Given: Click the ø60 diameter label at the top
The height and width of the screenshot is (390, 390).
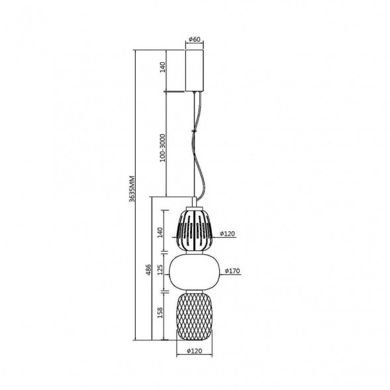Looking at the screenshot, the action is [195, 39].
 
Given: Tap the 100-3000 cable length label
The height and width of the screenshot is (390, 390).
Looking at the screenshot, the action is [162, 148].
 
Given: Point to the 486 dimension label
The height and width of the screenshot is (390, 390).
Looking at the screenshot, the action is [148, 269].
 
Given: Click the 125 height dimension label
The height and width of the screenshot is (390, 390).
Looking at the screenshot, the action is [160, 269].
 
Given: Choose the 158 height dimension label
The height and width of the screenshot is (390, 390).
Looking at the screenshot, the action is [160, 313].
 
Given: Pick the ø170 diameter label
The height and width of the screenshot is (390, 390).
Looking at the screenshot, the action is [232, 271].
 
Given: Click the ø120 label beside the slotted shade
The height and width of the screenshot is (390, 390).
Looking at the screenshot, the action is [227, 234].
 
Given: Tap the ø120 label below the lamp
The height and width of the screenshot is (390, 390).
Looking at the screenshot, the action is [195, 351].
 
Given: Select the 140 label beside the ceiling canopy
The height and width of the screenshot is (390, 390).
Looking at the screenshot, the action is [162, 67].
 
